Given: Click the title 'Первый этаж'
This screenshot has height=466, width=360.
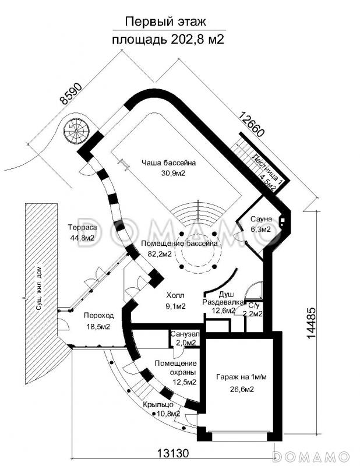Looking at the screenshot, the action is (x=165, y=22).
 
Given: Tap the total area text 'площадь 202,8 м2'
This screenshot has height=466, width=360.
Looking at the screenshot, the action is (x=168, y=39).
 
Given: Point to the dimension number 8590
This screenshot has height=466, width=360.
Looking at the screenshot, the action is (x=70, y=94).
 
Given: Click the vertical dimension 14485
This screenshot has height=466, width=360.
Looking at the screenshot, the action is (x=311, y=322).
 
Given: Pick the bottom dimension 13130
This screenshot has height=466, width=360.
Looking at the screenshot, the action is (x=172, y=453).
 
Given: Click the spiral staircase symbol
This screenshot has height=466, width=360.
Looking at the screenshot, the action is (x=76, y=131).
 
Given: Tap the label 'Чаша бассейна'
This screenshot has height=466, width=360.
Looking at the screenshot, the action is (x=168, y=163).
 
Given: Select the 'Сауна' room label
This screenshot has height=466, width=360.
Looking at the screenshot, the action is (x=261, y=219).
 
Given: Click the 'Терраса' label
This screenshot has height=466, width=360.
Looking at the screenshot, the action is (x=82, y=228).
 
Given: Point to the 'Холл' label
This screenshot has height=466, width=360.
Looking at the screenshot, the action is (x=175, y=295).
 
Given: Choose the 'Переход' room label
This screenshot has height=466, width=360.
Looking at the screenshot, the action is (x=98, y=316).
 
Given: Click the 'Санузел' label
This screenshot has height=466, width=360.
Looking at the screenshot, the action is (x=185, y=334).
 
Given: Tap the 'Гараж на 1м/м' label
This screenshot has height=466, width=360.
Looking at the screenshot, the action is (x=241, y=377).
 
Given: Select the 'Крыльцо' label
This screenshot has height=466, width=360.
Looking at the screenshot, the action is (x=158, y=405).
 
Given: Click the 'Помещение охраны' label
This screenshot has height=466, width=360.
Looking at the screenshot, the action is (x=176, y=368).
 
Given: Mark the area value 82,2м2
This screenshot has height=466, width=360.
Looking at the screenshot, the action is (x=160, y=254).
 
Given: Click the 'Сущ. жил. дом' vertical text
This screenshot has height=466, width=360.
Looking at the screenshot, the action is (x=38, y=288).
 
